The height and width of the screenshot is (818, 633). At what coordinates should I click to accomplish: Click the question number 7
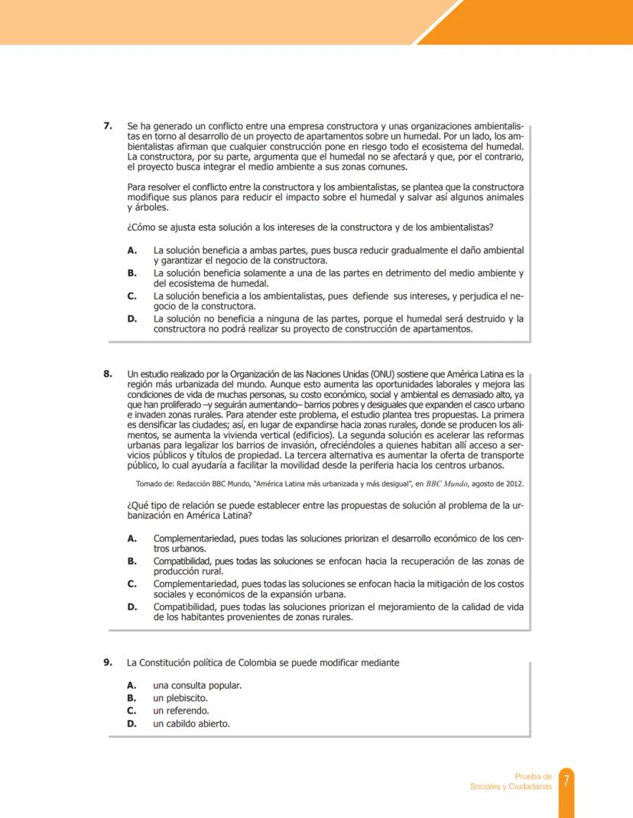click(109, 124)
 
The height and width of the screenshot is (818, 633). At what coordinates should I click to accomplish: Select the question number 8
click(109, 373)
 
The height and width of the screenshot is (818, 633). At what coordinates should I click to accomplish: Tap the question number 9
click(109, 662)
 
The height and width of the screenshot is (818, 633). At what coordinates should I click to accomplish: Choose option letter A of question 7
click(132, 250)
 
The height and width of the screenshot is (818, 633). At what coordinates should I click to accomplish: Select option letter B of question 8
click(132, 561)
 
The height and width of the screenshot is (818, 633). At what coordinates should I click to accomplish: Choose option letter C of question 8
click(132, 584)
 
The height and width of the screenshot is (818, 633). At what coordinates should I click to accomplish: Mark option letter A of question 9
click(132, 685)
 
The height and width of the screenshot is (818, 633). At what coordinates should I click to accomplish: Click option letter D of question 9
click(132, 723)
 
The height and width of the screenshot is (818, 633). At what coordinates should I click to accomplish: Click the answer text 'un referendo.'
click(181, 710)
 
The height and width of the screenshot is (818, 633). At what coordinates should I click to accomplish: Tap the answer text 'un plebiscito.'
click(181, 698)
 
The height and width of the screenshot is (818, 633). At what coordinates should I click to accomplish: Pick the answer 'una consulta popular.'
click(197, 685)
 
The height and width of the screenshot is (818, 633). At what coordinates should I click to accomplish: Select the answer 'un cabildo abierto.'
click(191, 723)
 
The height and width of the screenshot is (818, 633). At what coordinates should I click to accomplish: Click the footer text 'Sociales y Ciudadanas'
click(511, 787)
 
